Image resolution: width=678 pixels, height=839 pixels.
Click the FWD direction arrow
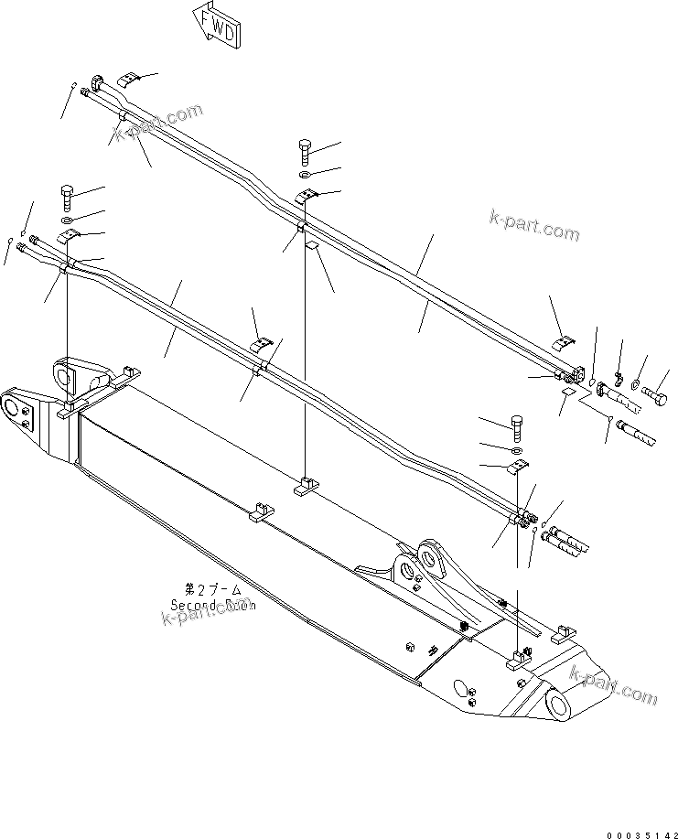click(x=218, y=25)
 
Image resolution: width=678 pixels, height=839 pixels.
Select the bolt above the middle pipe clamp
click(x=305, y=150)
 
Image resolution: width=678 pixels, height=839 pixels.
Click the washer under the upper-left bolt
click(x=70, y=221)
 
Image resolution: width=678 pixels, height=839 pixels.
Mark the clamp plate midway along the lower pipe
click(x=264, y=343)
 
